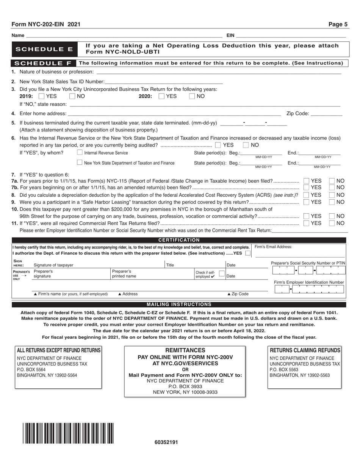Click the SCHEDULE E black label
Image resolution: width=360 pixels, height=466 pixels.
click(44, 49)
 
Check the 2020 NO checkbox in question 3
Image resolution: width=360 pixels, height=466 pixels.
click(192, 96)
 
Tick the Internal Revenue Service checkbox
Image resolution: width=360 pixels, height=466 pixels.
click(80, 153)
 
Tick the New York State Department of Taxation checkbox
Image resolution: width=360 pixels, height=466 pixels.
click(80, 163)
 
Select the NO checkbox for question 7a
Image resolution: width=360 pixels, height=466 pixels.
click(332, 181)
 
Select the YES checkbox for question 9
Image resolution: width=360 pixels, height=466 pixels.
click(307, 202)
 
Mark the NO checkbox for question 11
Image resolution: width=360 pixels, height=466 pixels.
click(332, 223)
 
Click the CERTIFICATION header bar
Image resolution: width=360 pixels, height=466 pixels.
click(179, 240)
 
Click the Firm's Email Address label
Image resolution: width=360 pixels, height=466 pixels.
click(273, 247)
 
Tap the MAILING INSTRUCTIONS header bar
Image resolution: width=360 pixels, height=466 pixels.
click(179, 304)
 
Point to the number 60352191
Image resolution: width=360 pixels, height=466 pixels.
click(166, 442)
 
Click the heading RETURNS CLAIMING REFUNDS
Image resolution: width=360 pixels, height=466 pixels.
click(305, 350)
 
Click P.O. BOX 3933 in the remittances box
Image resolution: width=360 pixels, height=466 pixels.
click(185, 386)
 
